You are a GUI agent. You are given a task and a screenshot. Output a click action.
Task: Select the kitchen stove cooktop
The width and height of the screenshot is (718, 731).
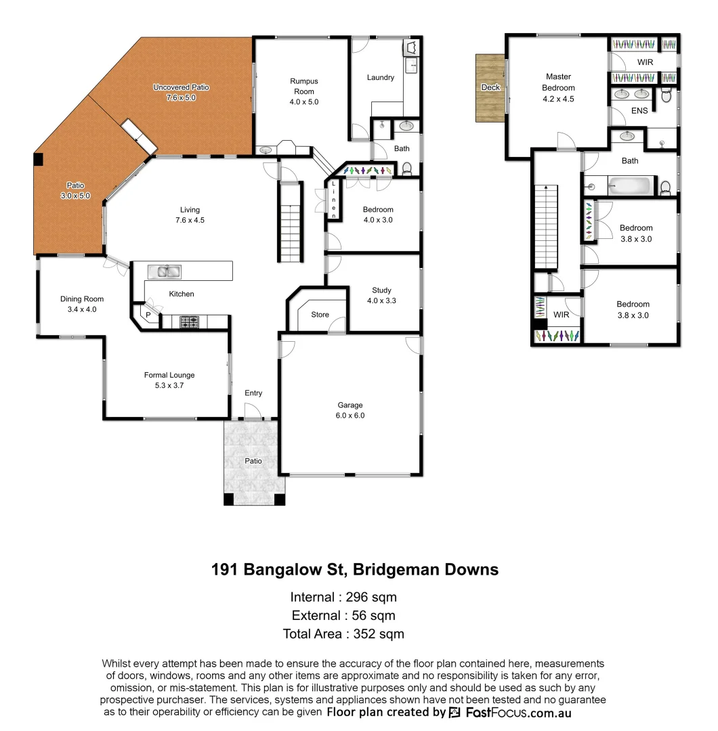(189, 323)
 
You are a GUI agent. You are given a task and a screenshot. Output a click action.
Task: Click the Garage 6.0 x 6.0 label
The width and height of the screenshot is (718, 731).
(351, 410)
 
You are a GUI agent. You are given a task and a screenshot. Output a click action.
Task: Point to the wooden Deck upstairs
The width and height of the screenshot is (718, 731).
(490, 88)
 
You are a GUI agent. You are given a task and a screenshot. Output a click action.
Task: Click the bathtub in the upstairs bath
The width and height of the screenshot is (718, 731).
(631, 184)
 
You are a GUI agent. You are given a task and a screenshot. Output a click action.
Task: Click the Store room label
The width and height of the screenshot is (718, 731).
(320, 315)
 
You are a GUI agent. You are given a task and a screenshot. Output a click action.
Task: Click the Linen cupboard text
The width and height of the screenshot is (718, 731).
(333, 196)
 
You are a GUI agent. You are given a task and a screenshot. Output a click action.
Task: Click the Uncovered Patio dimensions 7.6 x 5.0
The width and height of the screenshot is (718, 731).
(181, 97)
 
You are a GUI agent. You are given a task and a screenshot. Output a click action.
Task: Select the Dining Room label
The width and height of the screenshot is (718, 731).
(82, 304)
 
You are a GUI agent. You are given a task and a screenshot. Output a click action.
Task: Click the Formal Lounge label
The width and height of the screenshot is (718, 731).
(169, 380)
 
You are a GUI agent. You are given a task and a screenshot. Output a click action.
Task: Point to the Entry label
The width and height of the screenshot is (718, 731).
(253, 393)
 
